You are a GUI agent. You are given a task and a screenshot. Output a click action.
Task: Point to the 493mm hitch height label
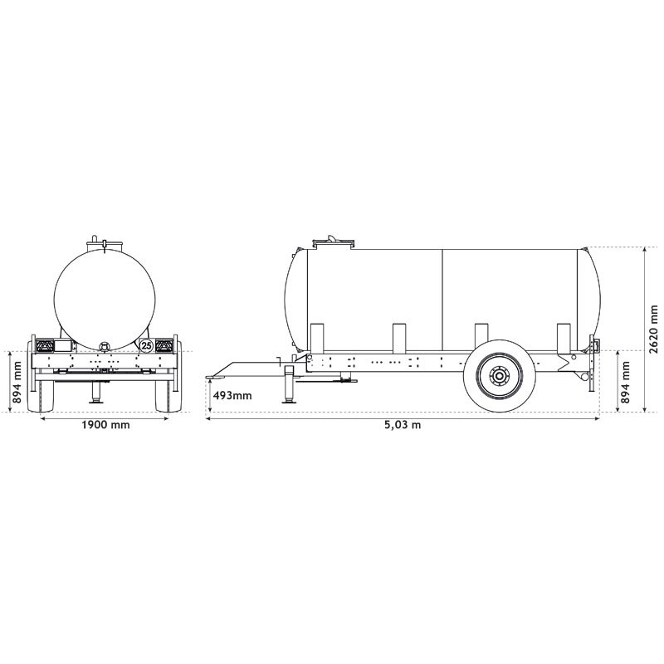232,395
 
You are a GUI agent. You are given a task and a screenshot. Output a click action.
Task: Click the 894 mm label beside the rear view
14,383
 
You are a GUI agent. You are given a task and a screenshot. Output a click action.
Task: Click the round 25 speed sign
146,344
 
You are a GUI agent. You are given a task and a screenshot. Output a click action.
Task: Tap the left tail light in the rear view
44,344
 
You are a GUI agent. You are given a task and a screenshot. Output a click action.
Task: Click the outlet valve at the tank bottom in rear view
105,345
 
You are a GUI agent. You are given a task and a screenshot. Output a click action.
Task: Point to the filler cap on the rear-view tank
105,242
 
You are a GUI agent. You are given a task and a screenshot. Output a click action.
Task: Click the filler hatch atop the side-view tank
333,242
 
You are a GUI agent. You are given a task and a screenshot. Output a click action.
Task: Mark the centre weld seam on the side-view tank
442,299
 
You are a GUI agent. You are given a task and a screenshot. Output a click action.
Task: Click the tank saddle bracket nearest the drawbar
315,338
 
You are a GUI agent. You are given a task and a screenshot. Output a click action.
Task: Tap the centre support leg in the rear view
97,390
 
